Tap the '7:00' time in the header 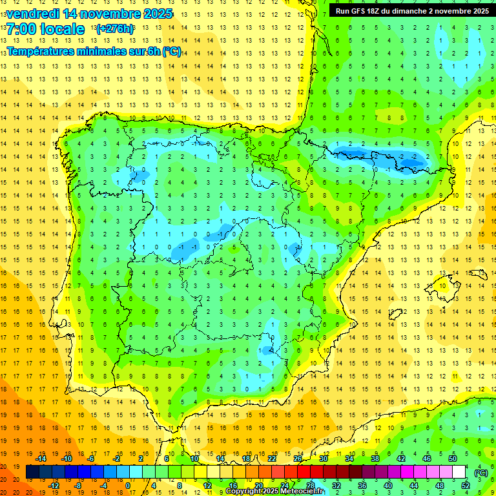tap(21, 29)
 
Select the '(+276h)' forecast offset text tap(114, 29)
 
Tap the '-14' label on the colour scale tap(41, 459)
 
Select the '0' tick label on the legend tap(129, 486)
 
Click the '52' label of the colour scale tap(466, 486)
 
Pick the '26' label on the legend tap(298, 459)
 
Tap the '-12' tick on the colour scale tap(54, 486)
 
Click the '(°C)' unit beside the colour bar tap(480, 473)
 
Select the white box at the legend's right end tap(459, 472)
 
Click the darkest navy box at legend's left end tap(32, 472)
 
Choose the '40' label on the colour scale tap(388, 486)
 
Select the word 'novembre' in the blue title tap(107, 14)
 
